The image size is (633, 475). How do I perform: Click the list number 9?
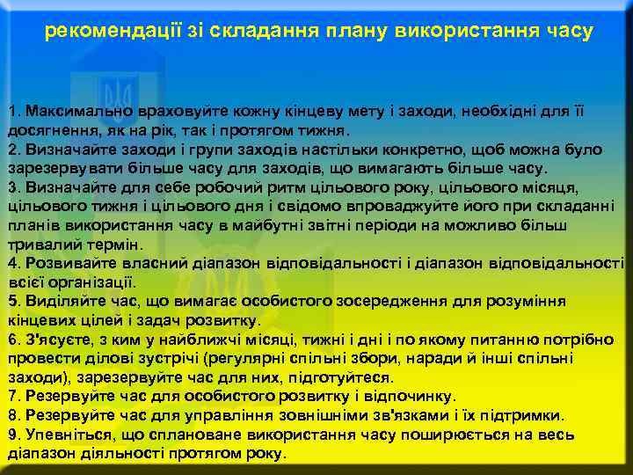(12, 434)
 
